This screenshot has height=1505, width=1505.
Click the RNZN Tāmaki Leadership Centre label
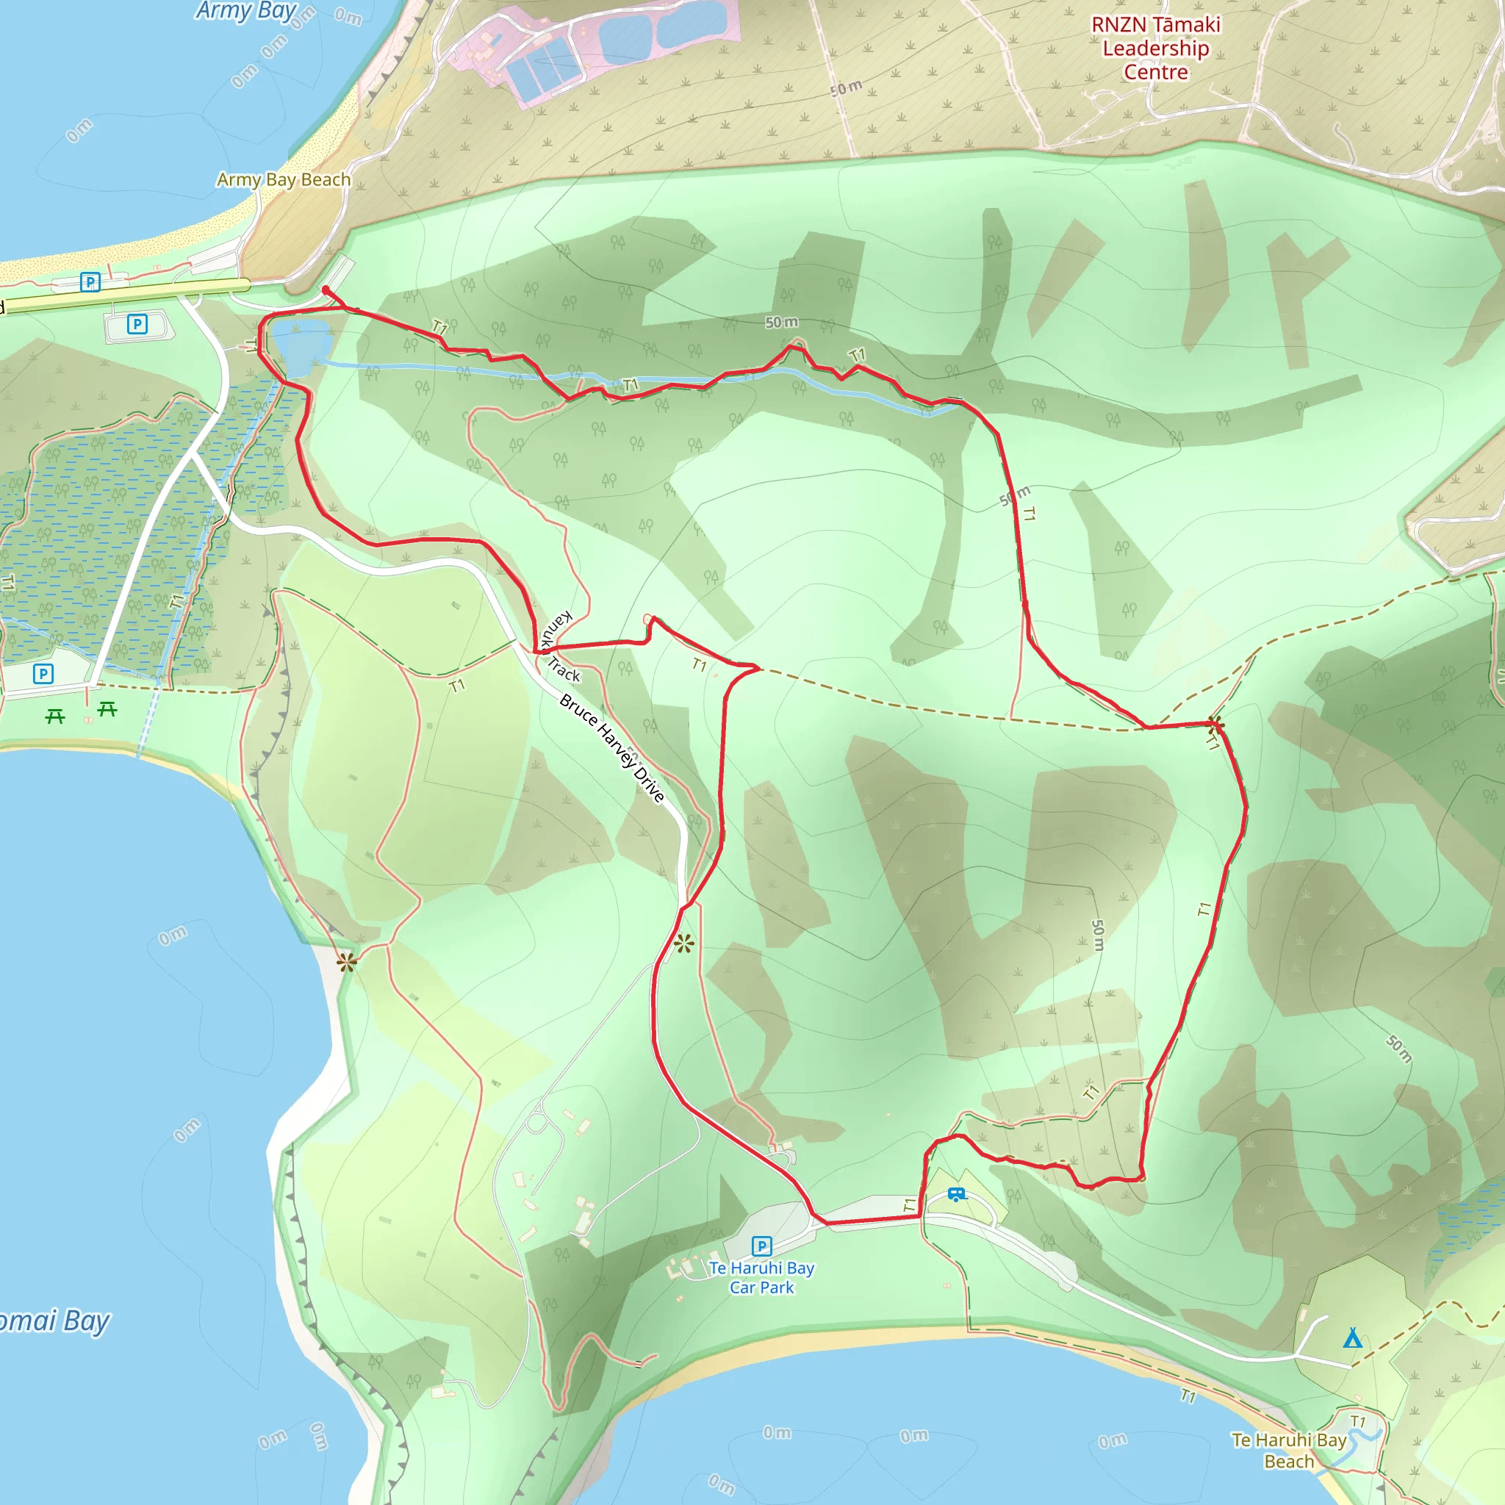pos(1155,49)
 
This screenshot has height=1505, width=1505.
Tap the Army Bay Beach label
pos(284,180)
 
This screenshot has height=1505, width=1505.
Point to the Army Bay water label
pos(246,11)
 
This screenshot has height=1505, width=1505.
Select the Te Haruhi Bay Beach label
pos(1288,1451)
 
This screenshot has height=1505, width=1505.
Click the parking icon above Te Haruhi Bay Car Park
pos(762,1246)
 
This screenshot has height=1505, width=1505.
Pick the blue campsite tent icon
pos(1353,1338)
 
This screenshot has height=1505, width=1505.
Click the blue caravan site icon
pos(956,1194)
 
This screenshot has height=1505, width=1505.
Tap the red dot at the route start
pos(326,290)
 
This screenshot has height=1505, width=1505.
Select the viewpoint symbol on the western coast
pos(347,963)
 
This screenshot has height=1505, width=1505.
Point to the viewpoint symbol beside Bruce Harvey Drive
pos(684,945)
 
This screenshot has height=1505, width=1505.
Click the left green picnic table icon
pos(54,715)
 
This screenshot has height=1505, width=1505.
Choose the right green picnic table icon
pos(107,709)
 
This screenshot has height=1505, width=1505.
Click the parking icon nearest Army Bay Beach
pos(90,282)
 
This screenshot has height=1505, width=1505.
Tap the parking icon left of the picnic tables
pos(43,674)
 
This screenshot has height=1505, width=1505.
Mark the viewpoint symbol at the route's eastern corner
pos(1215,725)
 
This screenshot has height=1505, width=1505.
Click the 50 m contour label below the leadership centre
pos(846,87)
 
